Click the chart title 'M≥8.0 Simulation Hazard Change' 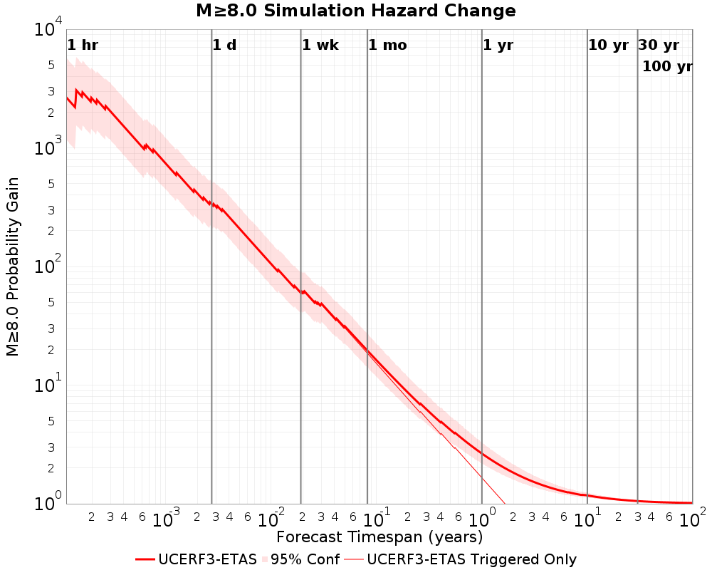point(355,11)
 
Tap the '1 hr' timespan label point(83,45)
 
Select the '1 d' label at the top point(224,45)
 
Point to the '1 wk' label point(320,45)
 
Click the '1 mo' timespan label point(387,45)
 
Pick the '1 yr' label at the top point(498,45)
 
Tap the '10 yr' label point(608,45)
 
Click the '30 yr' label point(659,45)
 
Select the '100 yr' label point(667,66)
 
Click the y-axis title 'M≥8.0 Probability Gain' point(12,266)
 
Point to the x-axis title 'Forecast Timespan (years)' point(379,537)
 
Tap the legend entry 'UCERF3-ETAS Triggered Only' point(472,559)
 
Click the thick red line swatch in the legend point(145,559)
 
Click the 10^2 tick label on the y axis point(48,264)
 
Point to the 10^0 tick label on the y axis point(48,502)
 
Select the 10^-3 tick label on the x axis point(166,518)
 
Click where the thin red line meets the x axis point(505,504)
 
